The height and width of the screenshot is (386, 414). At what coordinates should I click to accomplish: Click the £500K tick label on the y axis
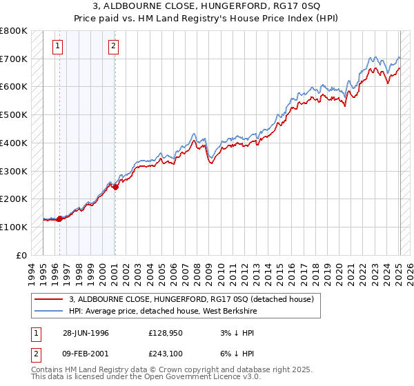pyautogui.click(x=13, y=114)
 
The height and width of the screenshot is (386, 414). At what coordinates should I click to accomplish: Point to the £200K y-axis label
pyautogui.click(x=13, y=199)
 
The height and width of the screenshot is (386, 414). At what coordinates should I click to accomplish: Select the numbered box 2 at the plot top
pyautogui.click(x=113, y=47)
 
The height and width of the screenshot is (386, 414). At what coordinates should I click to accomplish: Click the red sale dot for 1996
pyautogui.click(x=60, y=219)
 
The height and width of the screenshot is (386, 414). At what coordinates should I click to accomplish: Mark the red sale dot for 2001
pyautogui.click(x=115, y=186)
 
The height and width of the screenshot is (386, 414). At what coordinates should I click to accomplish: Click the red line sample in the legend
pyautogui.click(x=50, y=299)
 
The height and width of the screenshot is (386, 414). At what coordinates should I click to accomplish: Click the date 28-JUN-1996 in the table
pyautogui.click(x=86, y=332)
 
